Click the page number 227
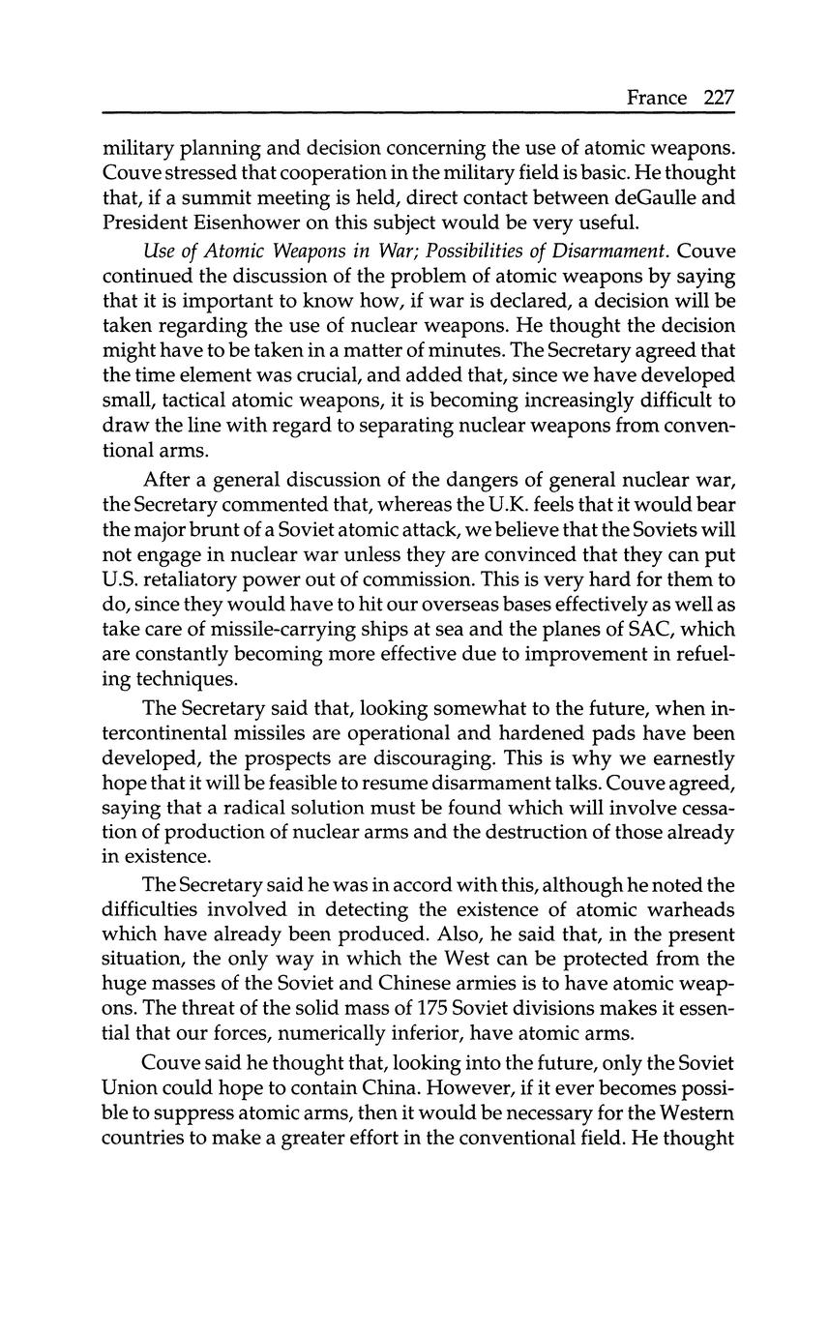(x=719, y=98)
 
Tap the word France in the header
(x=657, y=98)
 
